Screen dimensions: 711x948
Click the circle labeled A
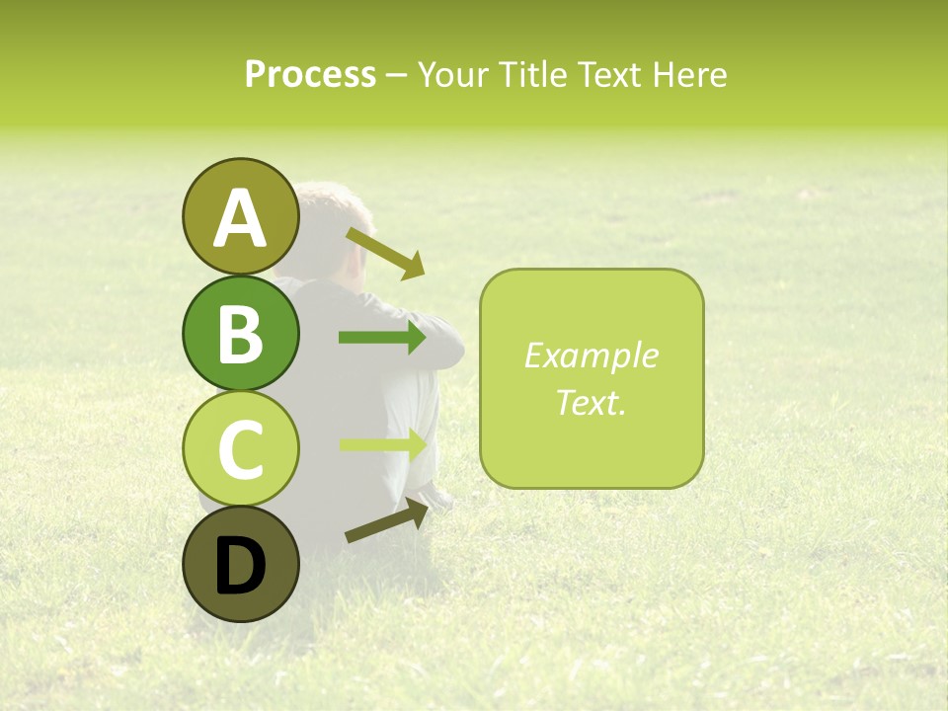240,216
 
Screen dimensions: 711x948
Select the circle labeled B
240,333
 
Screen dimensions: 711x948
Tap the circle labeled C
240,448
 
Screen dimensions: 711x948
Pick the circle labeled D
240,565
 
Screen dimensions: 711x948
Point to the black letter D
240,566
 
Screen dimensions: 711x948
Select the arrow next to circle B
381,338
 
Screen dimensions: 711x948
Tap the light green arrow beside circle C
381,444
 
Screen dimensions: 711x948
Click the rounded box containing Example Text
592,379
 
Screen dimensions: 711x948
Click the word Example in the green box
592,355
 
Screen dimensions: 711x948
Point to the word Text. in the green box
592,402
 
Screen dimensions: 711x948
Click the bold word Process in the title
310,74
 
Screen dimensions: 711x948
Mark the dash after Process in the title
396,75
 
